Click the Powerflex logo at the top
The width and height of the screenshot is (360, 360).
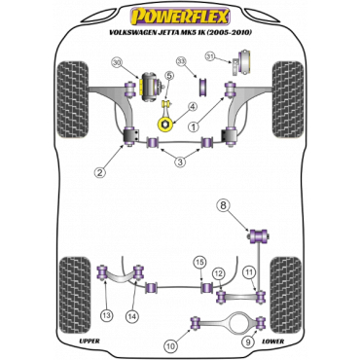click(180, 17)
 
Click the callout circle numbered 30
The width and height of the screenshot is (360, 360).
click(119, 63)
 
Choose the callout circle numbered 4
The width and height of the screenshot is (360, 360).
click(193, 106)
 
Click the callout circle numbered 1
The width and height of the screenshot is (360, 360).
click(194, 127)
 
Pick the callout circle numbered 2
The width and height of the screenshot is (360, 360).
click(100, 172)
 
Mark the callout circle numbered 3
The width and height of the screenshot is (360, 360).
click(180, 162)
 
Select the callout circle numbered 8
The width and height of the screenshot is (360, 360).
click(223, 205)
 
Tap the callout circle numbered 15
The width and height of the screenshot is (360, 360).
click(200, 263)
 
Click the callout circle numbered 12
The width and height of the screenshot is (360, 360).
click(219, 273)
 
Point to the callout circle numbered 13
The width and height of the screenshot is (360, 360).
click(107, 314)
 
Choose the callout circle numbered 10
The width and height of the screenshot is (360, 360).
click(171, 346)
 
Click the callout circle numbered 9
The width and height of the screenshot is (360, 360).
click(247, 341)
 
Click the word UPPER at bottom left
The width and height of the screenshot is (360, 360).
click(90, 341)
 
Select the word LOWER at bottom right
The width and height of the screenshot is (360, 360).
click(272, 342)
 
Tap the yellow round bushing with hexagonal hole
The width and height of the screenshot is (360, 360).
click(165, 125)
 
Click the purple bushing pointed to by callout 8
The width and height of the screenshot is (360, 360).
click(259, 235)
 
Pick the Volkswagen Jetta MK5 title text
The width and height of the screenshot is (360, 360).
click(180, 32)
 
